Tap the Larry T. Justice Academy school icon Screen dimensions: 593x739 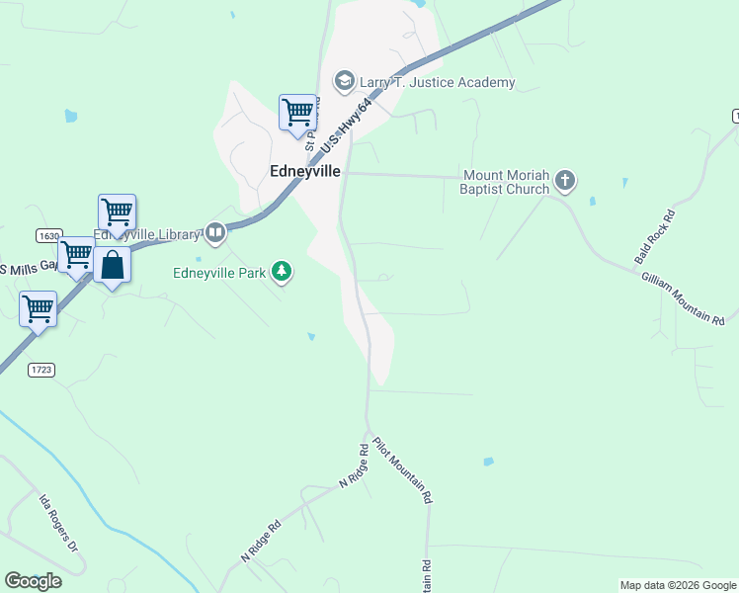tap(345, 80)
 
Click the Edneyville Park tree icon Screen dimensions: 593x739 tap(282, 271)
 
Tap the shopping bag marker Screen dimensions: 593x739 tap(114, 266)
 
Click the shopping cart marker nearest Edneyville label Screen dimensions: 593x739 tap(297, 112)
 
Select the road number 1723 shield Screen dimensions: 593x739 tap(41, 369)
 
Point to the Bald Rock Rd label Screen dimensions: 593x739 tap(655, 237)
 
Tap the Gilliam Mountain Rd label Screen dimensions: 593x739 tap(683, 299)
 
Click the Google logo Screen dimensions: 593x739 tap(34, 580)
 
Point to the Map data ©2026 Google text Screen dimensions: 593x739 tap(677, 585)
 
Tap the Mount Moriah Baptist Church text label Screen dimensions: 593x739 tap(505, 182)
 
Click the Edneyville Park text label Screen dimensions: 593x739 tap(219, 273)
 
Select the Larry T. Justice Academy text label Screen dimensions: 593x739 tap(438, 82)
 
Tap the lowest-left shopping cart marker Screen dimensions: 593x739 tap(38, 308)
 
